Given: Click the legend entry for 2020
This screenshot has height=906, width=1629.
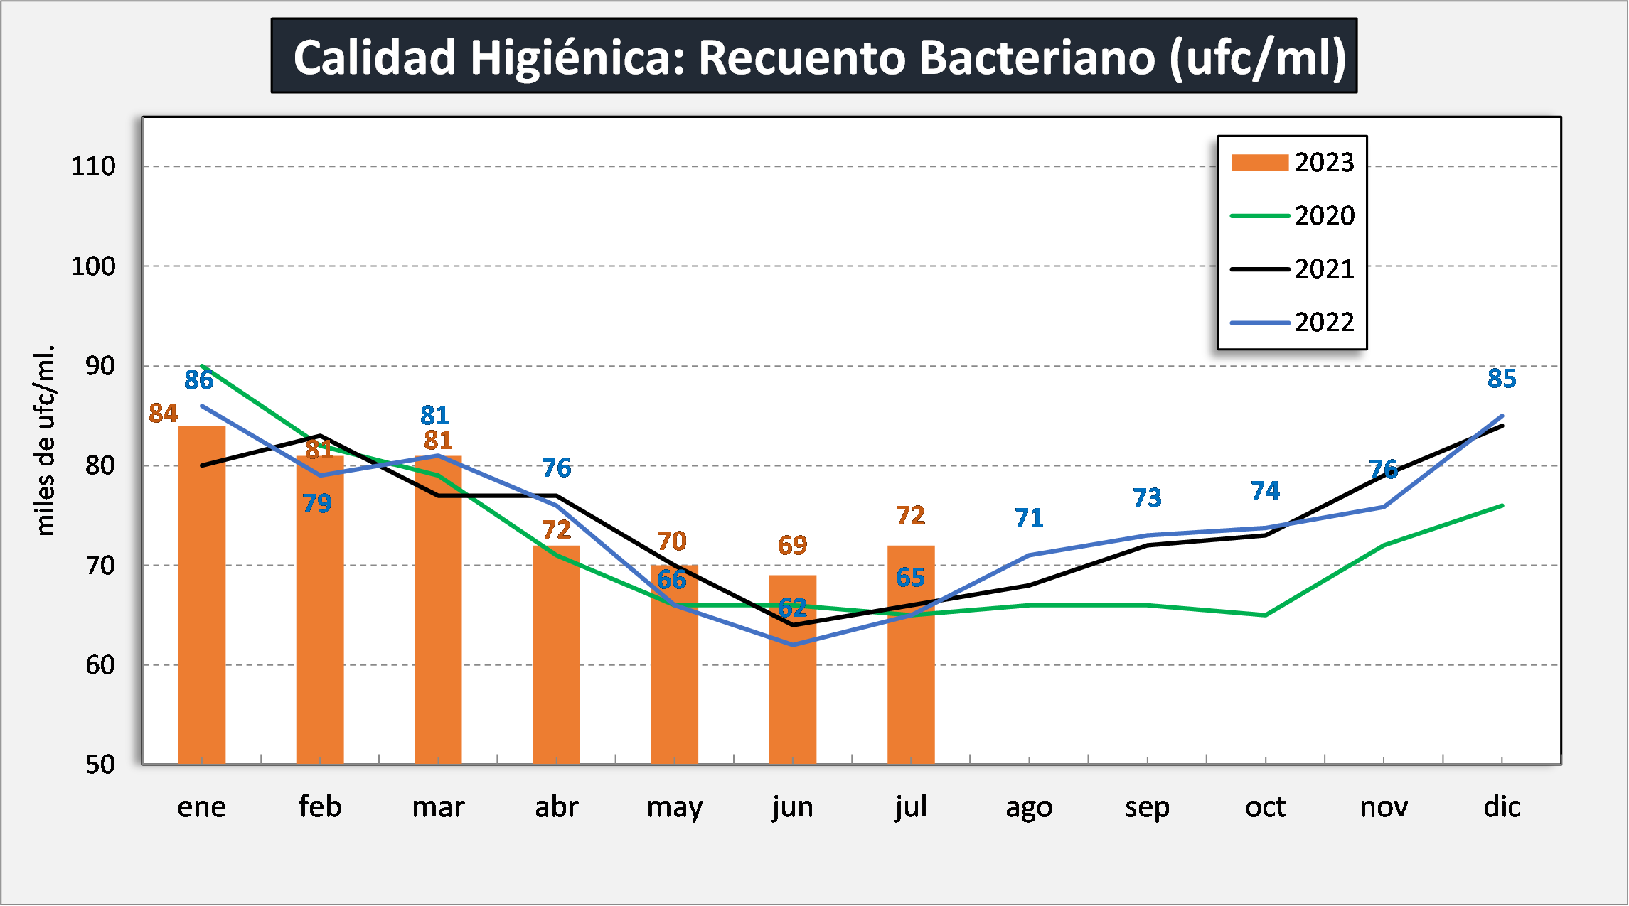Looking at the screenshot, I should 1293,216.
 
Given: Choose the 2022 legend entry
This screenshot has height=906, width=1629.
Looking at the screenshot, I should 1293,323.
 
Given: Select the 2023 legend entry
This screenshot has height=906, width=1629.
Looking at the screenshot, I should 1293,163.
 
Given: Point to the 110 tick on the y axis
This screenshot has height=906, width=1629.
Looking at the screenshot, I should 93,166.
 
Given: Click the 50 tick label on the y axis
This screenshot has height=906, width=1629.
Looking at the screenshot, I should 100,765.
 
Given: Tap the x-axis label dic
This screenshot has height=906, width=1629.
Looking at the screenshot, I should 1502,807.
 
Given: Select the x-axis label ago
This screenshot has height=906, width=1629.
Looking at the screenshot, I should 1029,807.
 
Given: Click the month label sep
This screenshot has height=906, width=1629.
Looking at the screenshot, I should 1147,807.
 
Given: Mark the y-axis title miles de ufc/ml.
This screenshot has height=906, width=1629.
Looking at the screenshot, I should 45,441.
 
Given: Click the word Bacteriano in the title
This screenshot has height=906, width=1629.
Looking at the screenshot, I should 1037,57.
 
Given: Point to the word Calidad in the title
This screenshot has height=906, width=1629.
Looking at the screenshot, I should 375,57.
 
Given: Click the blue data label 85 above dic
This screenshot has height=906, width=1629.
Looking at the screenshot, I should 1502,379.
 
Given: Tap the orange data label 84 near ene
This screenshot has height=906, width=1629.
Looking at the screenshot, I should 163,413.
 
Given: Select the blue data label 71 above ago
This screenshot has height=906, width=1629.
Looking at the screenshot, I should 1029,517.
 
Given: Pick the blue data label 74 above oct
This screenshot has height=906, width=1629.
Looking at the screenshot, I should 1265,490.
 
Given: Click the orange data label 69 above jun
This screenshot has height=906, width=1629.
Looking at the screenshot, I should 793,545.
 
